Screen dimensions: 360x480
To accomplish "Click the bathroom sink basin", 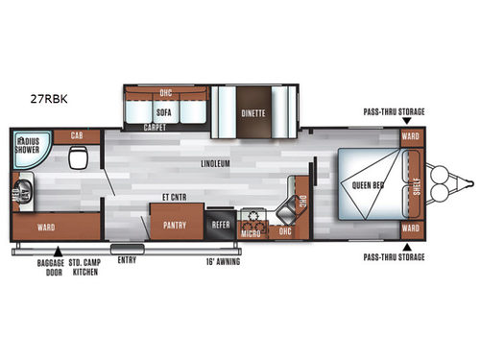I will click(x=24, y=191).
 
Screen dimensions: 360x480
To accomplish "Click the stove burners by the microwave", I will click(x=253, y=215).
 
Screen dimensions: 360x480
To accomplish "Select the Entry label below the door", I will click(x=126, y=259).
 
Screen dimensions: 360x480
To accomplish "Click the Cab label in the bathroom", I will click(x=77, y=136).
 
